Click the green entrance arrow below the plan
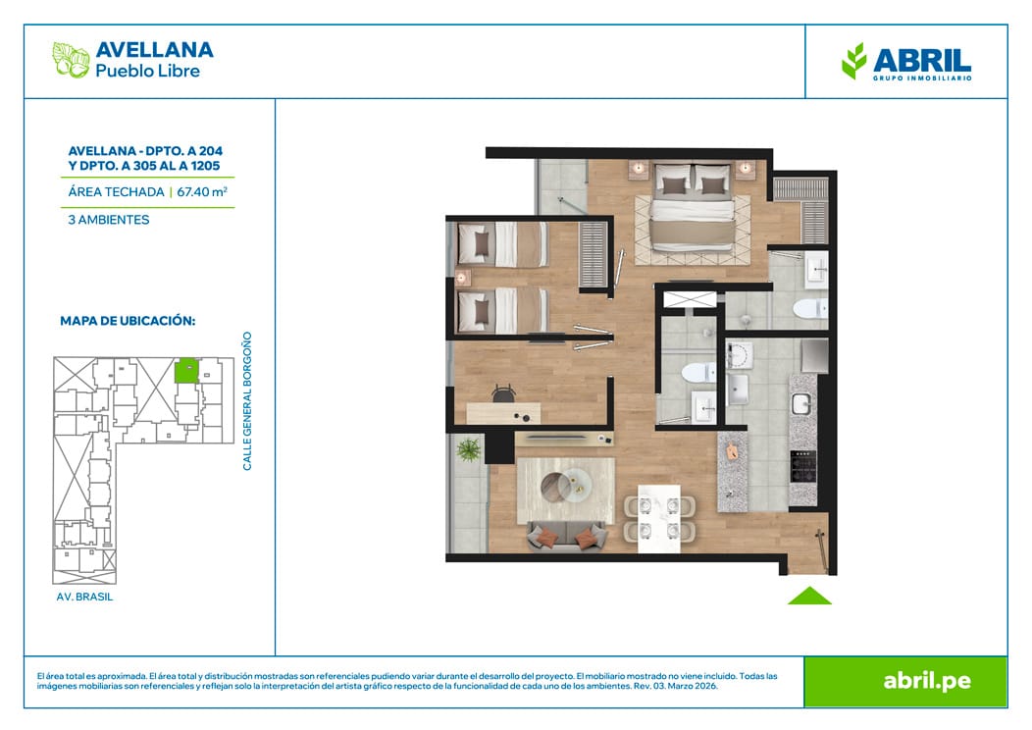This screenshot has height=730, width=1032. (x=809, y=596)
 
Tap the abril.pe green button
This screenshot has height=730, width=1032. (x=905, y=681)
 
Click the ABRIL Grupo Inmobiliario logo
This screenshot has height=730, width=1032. (x=906, y=61)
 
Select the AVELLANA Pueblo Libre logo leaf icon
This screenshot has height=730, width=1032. (x=71, y=60)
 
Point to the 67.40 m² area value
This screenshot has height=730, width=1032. (x=202, y=192)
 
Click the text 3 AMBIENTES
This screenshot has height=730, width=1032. (x=109, y=220)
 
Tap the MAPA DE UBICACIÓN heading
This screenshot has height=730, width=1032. (x=128, y=321)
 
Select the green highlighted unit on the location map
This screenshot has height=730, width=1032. (x=186, y=371)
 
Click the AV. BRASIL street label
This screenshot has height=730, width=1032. (x=85, y=597)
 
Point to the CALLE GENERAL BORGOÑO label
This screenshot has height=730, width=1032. (x=247, y=401)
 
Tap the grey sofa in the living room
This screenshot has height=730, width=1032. (x=566, y=536)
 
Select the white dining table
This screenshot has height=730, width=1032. (x=659, y=517)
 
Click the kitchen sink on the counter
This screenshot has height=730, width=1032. (x=801, y=404)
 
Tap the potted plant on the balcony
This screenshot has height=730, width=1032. (x=469, y=449)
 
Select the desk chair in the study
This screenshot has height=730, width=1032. (x=503, y=393)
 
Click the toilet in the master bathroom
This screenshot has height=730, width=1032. (x=810, y=308)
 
